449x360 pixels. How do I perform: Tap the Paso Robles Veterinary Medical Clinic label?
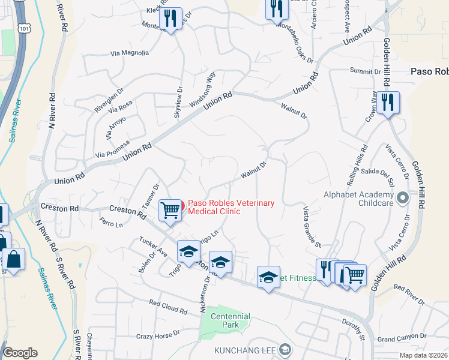[x=232, y=207]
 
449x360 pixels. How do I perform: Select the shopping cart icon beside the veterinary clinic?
[x=170, y=210]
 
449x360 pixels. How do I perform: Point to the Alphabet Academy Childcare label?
[x=358, y=199]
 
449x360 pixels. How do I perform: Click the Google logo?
[x=20, y=353]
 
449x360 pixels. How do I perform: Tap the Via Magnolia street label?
[x=130, y=53]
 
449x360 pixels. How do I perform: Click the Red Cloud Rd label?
[x=168, y=308]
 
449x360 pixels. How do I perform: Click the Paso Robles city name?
[x=429, y=71]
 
